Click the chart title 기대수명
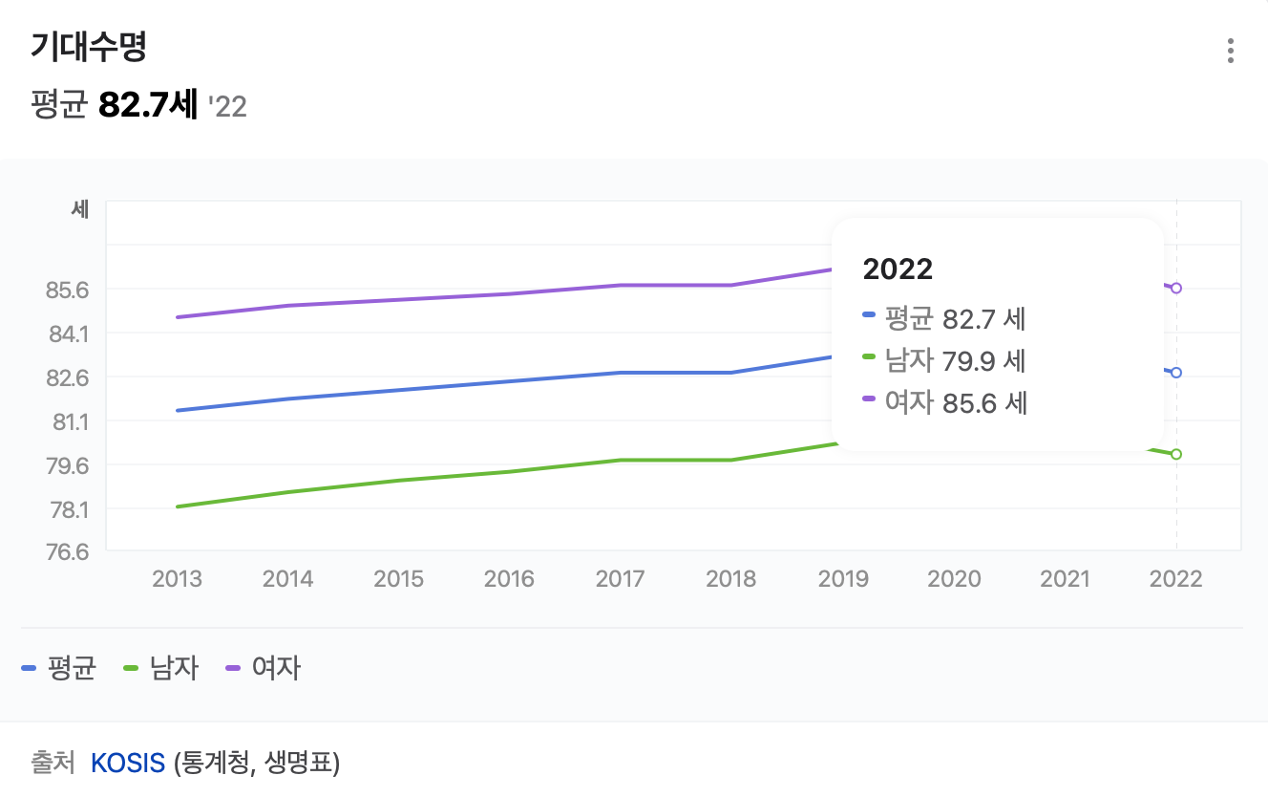(88, 46)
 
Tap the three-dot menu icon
(1231, 51)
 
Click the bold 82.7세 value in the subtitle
(148, 105)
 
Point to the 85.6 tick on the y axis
(68, 289)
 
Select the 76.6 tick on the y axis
(68, 552)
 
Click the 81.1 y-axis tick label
(68, 421)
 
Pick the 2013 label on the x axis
(177, 578)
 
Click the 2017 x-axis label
(620, 578)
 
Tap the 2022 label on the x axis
(1176, 578)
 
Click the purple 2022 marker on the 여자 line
(1176, 288)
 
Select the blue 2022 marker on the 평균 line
(1176, 373)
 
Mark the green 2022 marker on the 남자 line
(1176, 454)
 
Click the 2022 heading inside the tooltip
(898, 269)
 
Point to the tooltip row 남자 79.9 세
(944, 360)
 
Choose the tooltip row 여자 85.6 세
(944, 402)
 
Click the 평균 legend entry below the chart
(59, 668)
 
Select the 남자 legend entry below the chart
(161, 668)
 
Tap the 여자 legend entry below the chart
(263, 668)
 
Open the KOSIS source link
(128, 763)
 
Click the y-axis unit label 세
(80, 209)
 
